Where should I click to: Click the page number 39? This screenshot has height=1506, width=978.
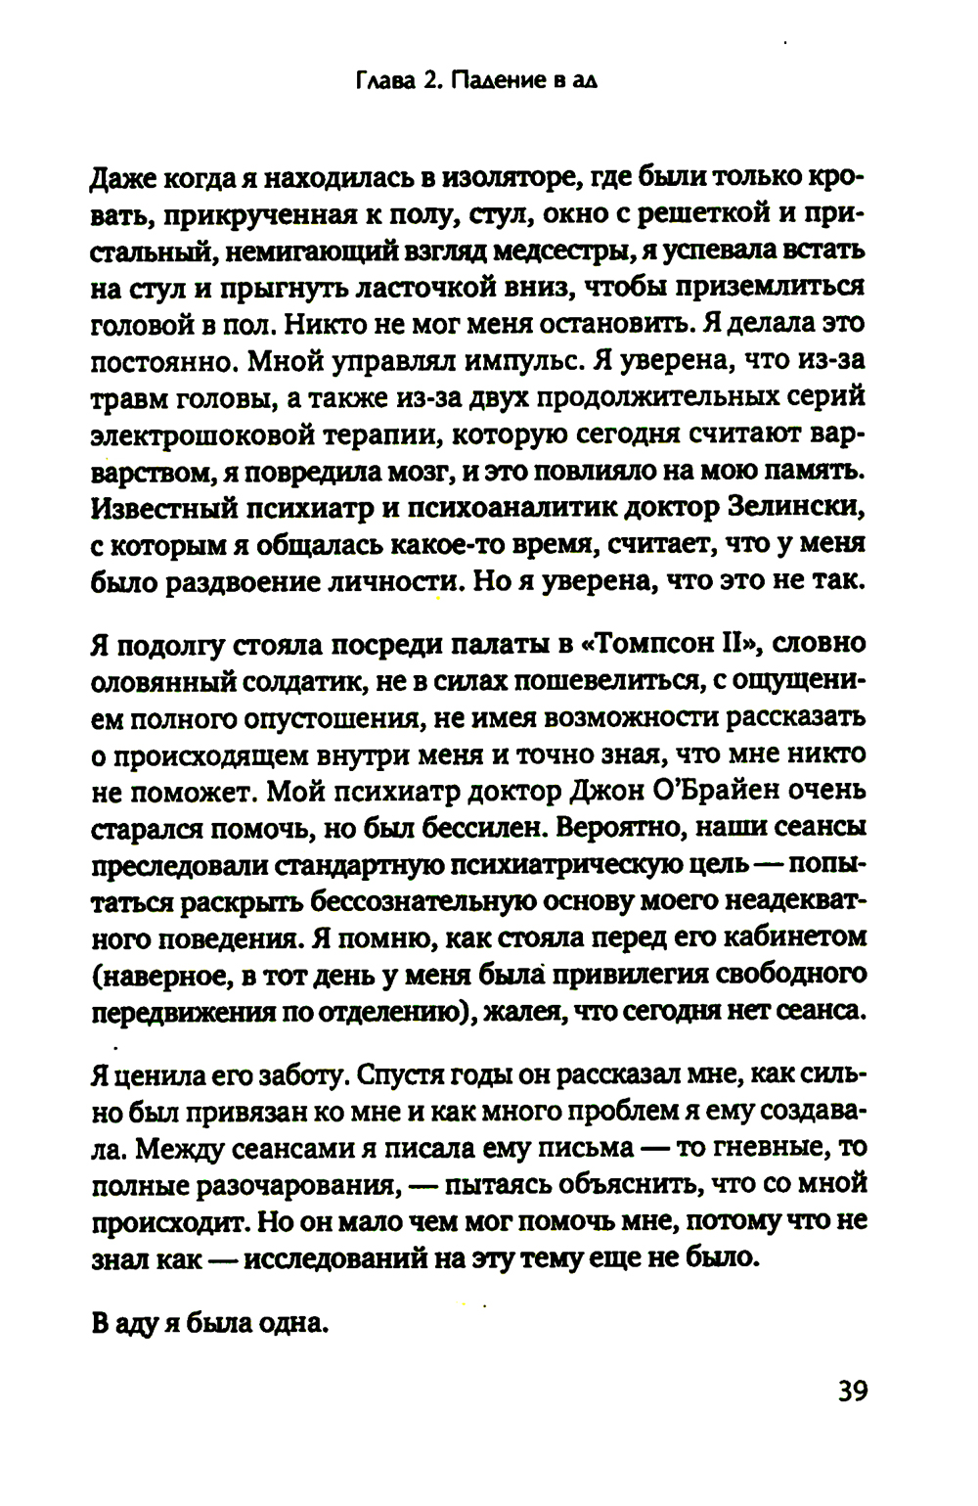tap(853, 1391)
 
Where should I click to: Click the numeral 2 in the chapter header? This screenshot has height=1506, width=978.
tap(429, 82)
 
